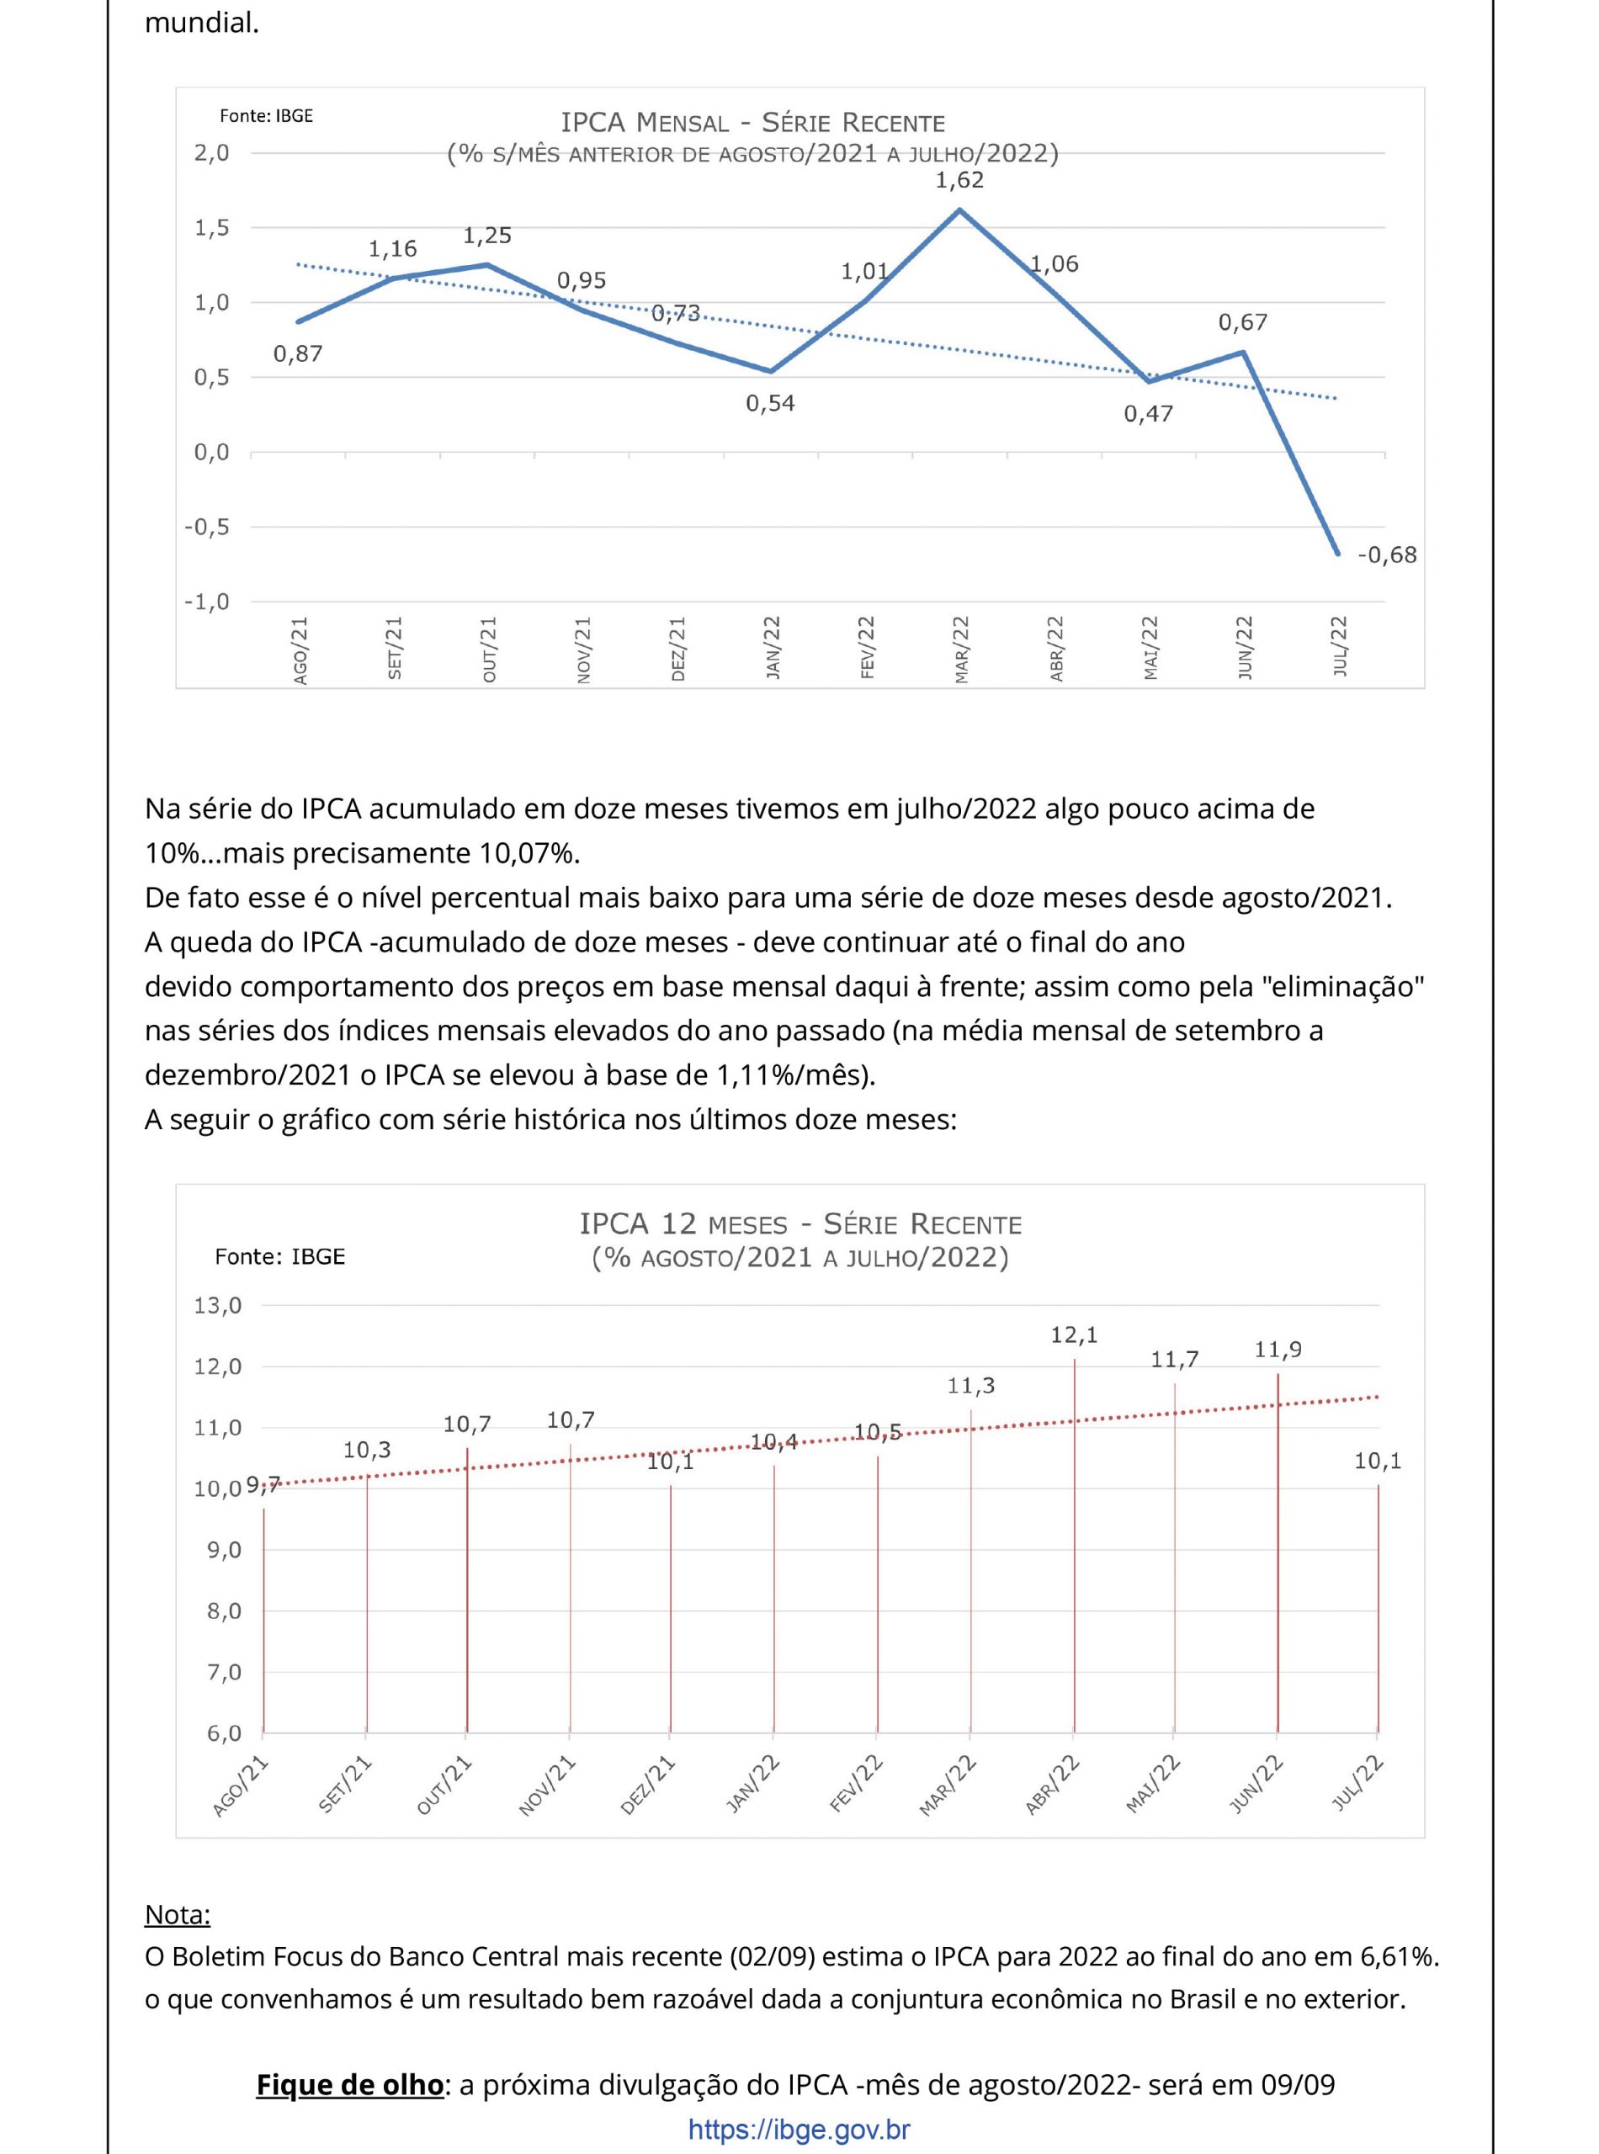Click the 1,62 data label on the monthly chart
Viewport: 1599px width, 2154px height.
(x=959, y=180)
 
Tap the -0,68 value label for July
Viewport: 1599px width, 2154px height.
(x=1386, y=554)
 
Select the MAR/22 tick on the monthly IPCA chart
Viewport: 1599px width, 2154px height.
(x=961, y=650)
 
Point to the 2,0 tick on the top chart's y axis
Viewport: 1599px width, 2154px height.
(x=211, y=153)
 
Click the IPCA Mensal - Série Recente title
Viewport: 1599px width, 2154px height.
(x=752, y=123)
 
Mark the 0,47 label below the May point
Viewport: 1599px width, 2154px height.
(x=1148, y=414)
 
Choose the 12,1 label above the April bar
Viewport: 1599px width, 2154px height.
(x=1075, y=1335)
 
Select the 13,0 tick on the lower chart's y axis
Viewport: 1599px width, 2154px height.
(x=218, y=1305)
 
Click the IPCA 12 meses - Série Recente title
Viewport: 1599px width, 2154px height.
(x=799, y=1224)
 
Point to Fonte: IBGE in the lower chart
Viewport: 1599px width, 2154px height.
(x=279, y=1256)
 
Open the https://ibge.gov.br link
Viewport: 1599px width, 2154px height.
(x=799, y=2129)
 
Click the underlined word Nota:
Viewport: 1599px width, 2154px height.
(x=177, y=1914)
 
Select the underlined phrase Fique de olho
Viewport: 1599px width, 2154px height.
(x=349, y=2084)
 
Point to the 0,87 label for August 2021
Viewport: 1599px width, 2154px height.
(x=297, y=354)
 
